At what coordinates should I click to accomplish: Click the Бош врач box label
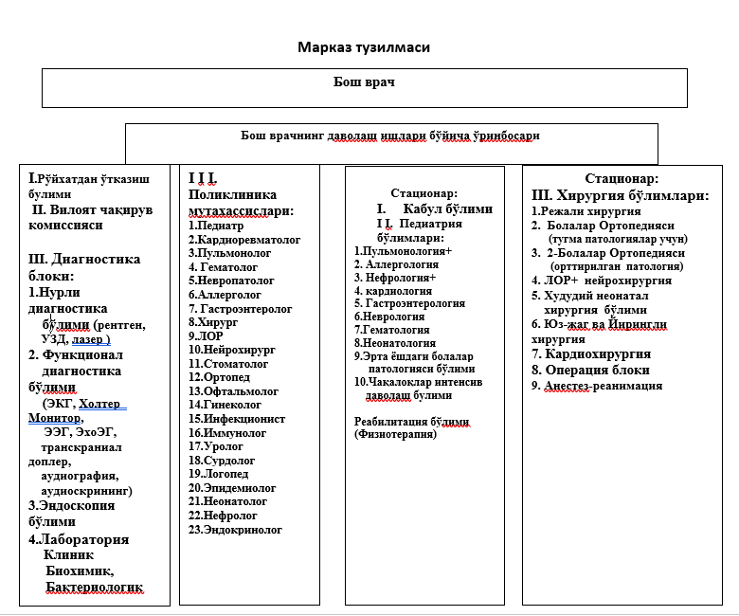coord(365,82)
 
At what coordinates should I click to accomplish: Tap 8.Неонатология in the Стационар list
coord(395,342)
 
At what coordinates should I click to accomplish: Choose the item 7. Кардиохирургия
coord(589,353)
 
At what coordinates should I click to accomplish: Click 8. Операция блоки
coord(590,370)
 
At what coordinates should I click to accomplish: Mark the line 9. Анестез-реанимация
coord(597,386)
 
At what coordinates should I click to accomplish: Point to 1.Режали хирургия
coord(578,210)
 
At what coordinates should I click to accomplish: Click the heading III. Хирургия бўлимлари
coord(621,195)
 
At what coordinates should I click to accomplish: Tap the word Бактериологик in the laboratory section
coord(94,588)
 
